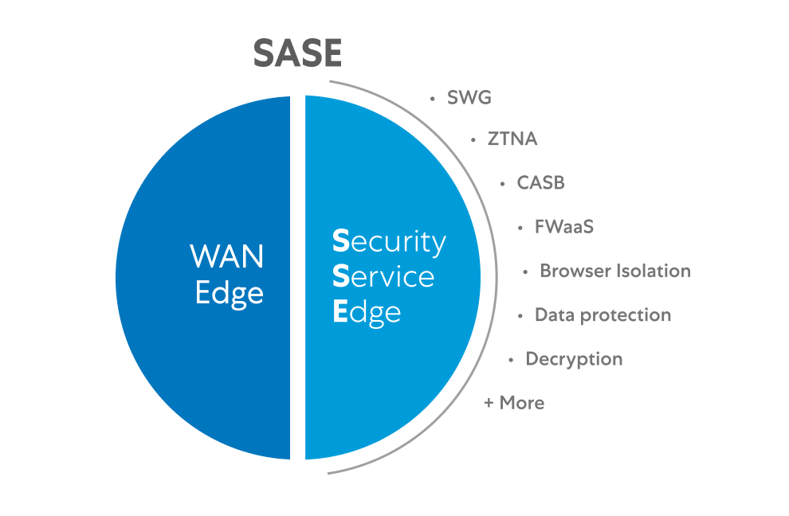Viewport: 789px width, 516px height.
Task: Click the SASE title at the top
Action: [x=297, y=53]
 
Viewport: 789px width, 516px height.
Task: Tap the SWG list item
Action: [x=469, y=98]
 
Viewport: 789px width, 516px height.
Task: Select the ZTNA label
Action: [x=512, y=139]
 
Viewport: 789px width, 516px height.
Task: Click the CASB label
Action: [x=540, y=182]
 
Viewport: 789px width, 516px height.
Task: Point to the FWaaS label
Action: [x=564, y=226]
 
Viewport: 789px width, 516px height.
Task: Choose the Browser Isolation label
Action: [x=614, y=271]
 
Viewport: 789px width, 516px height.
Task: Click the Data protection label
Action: [x=603, y=315]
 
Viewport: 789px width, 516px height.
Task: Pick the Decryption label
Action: [x=574, y=359]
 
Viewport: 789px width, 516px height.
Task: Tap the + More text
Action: [x=514, y=403]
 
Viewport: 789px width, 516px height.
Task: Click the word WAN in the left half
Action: [x=227, y=257]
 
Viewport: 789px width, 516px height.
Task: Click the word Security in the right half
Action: [x=389, y=241]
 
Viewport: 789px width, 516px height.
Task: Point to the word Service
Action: [x=383, y=277]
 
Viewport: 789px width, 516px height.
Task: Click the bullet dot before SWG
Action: [x=433, y=99]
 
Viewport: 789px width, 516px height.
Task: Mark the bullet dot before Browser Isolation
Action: [x=525, y=272]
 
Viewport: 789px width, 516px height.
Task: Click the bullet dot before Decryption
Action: [x=511, y=360]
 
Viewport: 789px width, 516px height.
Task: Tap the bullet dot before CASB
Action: [x=502, y=183]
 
